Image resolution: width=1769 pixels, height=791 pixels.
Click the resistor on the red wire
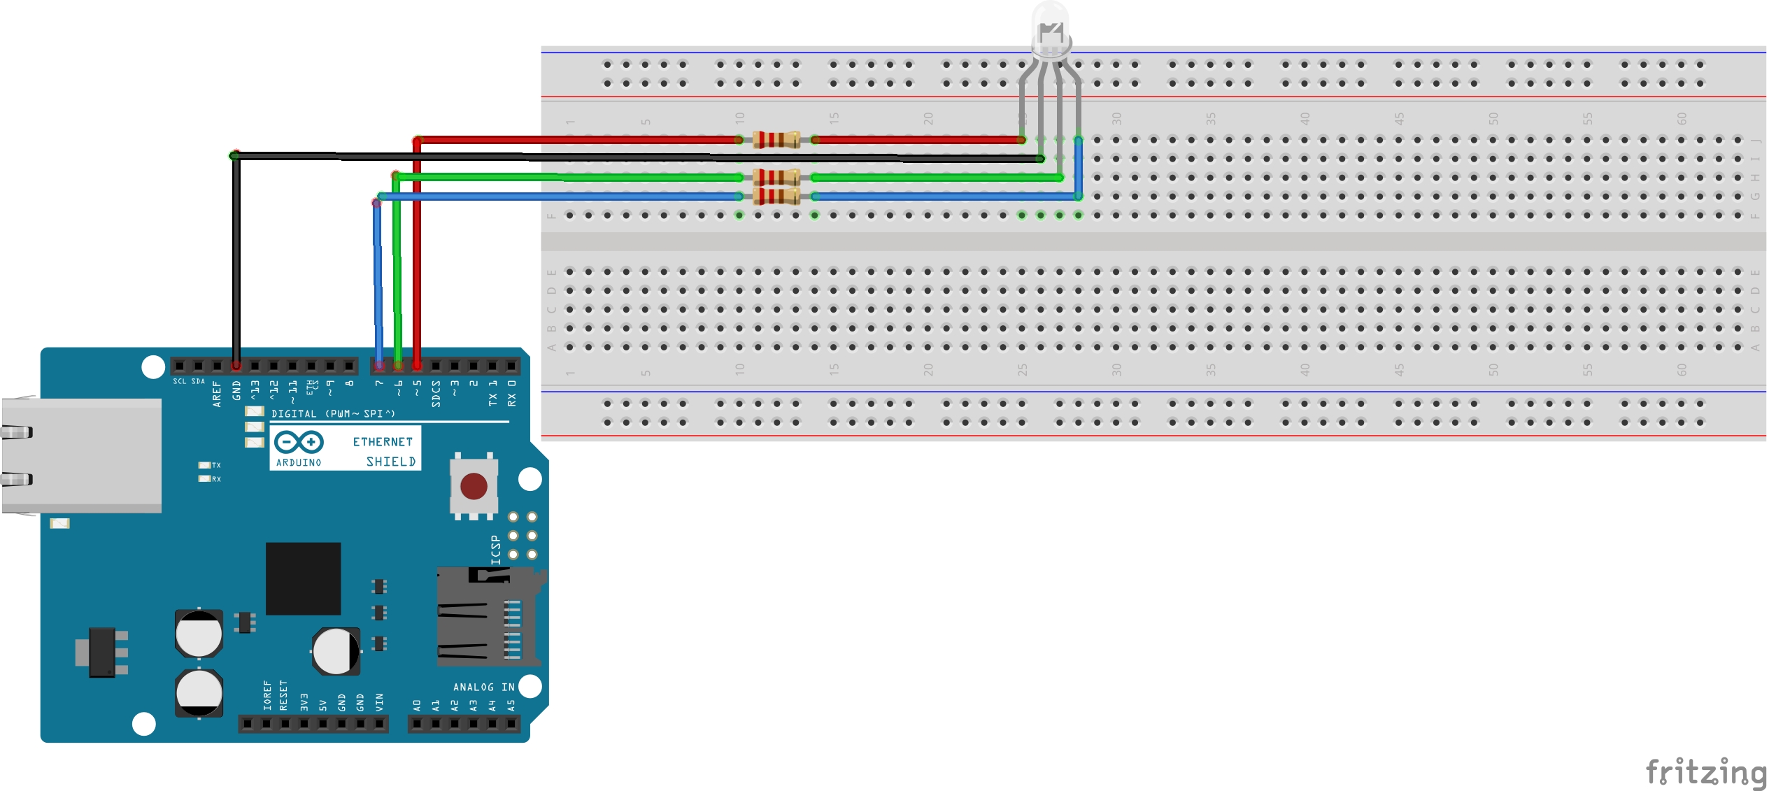pyautogui.click(x=776, y=140)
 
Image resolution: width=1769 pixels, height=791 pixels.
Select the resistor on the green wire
pyautogui.click(x=776, y=177)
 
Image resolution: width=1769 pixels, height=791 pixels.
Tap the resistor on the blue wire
pyautogui.click(x=776, y=196)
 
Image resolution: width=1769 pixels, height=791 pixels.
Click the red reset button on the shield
pyautogui.click(x=474, y=486)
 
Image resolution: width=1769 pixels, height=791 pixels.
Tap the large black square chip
pyautogui.click(x=303, y=578)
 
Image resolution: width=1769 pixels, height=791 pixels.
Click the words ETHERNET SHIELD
pyautogui.click(x=383, y=451)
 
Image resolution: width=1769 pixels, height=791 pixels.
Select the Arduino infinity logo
pyautogui.click(x=299, y=442)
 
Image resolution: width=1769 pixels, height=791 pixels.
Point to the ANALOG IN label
pyautogui.click(x=483, y=687)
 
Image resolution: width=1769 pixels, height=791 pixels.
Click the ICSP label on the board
pyautogui.click(x=496, y=550)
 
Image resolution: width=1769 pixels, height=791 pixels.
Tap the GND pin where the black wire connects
pyautogui.click(x=236, y=366)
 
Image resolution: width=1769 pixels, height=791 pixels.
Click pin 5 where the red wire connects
pyautogui.click(x=417, y=366)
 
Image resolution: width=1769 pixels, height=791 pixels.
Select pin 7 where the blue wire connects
pyautogui.click(x=379, y=366)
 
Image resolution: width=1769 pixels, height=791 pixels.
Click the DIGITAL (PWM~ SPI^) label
pyautogui.click(x=333, y=414)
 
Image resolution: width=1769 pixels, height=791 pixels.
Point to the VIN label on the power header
pyautogui.click(x=380, y=701)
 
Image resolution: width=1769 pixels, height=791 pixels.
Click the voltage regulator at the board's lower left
pyautogui.click(x=102, y=652)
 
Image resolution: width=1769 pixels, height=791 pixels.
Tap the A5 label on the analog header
pyautogui.click(x=511, y=705)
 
